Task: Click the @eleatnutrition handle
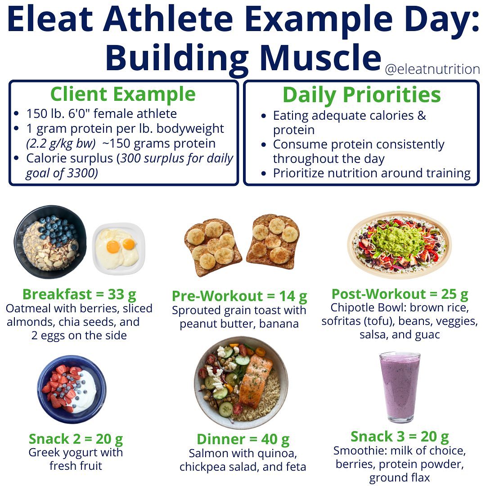[432, 69]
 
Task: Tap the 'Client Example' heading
[123, 94]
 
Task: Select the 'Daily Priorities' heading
[361, 94]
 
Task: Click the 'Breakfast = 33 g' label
[79, 294]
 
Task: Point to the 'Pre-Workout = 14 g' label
[239, 296]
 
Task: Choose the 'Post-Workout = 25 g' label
[400, 294]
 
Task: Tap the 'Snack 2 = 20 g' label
[76, 439]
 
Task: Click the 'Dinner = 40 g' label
[243, 440]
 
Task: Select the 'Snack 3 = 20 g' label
[400, 436]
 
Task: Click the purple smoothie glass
[400, 387]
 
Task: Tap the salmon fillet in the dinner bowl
[255, 381]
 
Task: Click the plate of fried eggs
[119, 249]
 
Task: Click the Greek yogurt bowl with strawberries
[72, 389]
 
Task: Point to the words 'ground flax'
[400, 477]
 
